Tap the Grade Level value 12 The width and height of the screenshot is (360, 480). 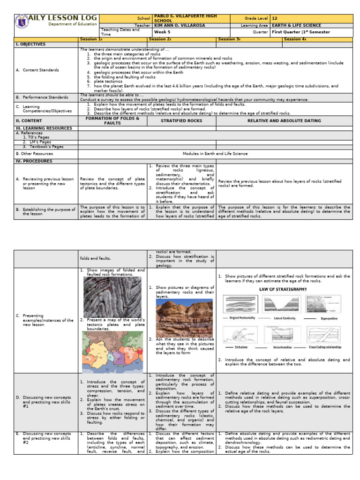pos(275,18)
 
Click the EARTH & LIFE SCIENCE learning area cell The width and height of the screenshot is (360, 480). pos(297,25)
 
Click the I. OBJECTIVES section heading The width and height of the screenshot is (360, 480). pos(31,44)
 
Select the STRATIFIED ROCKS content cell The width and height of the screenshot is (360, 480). pos(181,121)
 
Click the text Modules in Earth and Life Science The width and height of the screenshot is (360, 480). pos(215,153)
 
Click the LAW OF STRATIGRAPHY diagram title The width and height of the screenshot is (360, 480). pos(283,289)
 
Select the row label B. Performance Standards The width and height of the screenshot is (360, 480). pos(42,97)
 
